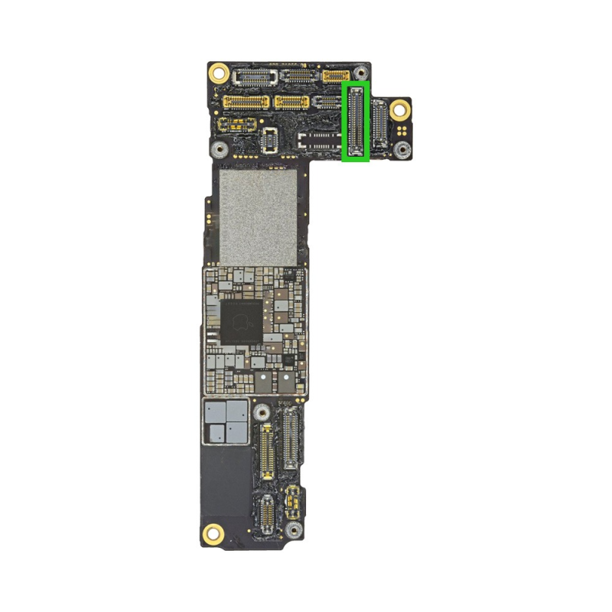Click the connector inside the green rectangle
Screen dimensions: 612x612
356,121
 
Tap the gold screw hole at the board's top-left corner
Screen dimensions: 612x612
219,73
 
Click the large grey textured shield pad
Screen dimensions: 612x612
257,217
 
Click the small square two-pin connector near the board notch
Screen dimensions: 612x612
269,139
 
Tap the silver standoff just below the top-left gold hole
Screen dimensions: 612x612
220,148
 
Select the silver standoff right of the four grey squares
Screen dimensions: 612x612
262,412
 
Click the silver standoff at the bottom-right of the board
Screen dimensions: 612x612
291,530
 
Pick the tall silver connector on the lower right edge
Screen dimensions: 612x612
291,438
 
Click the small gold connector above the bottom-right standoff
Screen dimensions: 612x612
291,502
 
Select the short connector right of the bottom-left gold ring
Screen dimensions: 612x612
265,515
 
